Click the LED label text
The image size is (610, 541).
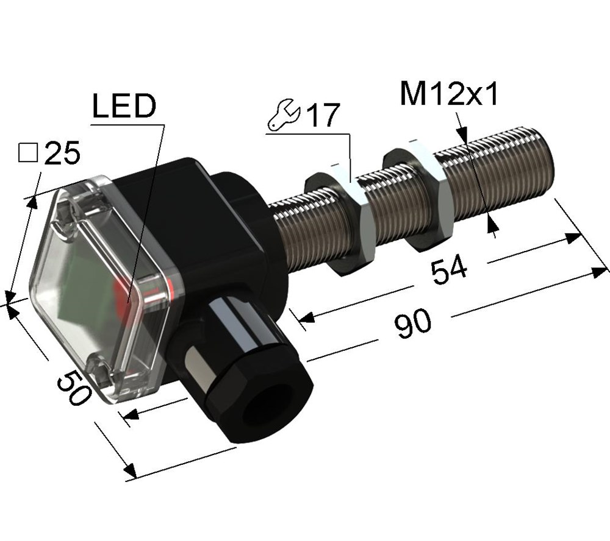tap(124, 106)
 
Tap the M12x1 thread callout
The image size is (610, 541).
tap(449, 94)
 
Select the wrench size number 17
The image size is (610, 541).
tap(323, 115)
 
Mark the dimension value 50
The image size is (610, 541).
tap(74, 387)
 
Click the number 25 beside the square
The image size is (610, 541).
tap(62, 153)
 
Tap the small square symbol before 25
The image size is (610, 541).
tap(29, 152)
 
